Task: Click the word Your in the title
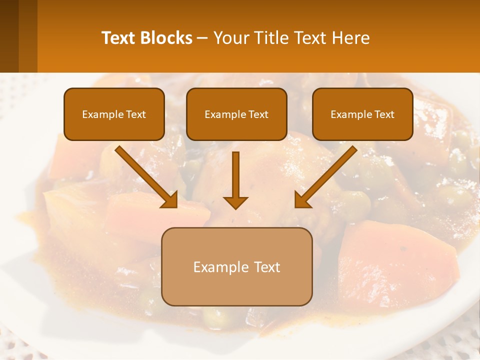tap(230, 38)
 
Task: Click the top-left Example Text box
tap(114, 114)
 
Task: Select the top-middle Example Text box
tap(236, 114)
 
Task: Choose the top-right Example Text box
tap(362, 114)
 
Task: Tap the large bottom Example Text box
tap(236, 266)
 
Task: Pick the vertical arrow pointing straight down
tap(235, 177)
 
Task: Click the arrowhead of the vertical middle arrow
tap(235, 202)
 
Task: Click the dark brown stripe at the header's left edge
tap(9, 36)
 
